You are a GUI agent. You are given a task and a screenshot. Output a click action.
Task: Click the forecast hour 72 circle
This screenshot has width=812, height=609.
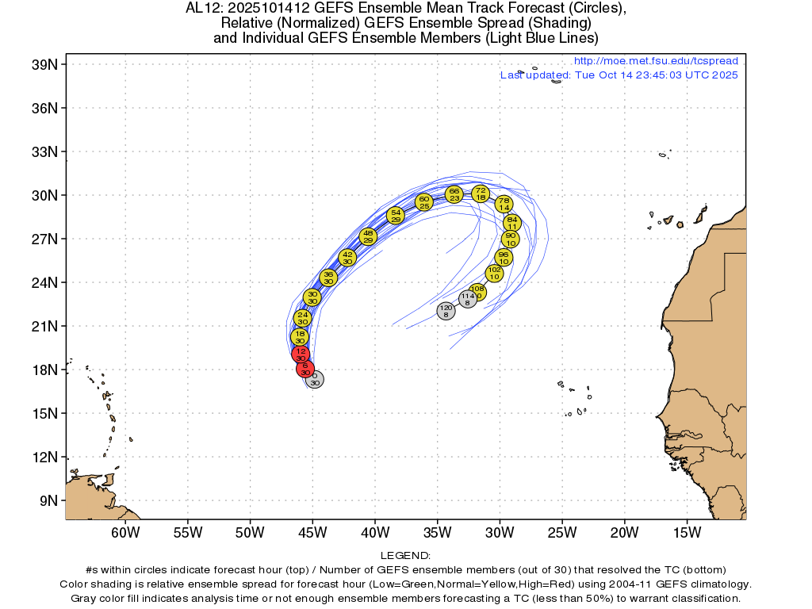[481, 193]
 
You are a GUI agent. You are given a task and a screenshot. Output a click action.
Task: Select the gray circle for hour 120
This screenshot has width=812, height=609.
[446, 311]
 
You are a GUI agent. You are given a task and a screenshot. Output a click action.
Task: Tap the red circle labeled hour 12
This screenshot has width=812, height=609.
[301, 354]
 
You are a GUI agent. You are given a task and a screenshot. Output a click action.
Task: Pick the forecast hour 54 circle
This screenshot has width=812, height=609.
[396, 215]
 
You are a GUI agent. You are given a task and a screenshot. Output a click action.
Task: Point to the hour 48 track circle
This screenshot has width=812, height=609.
[368, 236]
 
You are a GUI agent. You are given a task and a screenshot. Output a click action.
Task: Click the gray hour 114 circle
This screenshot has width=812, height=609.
[468, 299]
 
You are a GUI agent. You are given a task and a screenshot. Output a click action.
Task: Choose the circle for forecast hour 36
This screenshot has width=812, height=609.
[328, 278]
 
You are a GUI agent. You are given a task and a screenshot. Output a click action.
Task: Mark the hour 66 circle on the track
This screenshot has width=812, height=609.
[454, 194]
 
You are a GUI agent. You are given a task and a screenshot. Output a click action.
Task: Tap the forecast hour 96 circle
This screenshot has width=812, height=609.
[504, 258]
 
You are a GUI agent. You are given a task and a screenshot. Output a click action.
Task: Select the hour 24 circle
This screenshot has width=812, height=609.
[302, 318]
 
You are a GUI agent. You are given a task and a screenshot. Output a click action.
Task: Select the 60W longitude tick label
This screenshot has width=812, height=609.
[124, 530]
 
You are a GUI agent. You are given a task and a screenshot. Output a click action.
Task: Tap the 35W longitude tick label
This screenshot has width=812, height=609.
[438, 530]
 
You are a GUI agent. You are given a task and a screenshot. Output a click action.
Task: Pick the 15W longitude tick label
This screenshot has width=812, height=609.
[688, 530]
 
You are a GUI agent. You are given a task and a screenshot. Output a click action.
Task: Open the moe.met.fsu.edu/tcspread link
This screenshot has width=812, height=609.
[655, 61]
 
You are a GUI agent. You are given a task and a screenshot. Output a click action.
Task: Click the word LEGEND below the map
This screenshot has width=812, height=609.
[405, 556]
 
